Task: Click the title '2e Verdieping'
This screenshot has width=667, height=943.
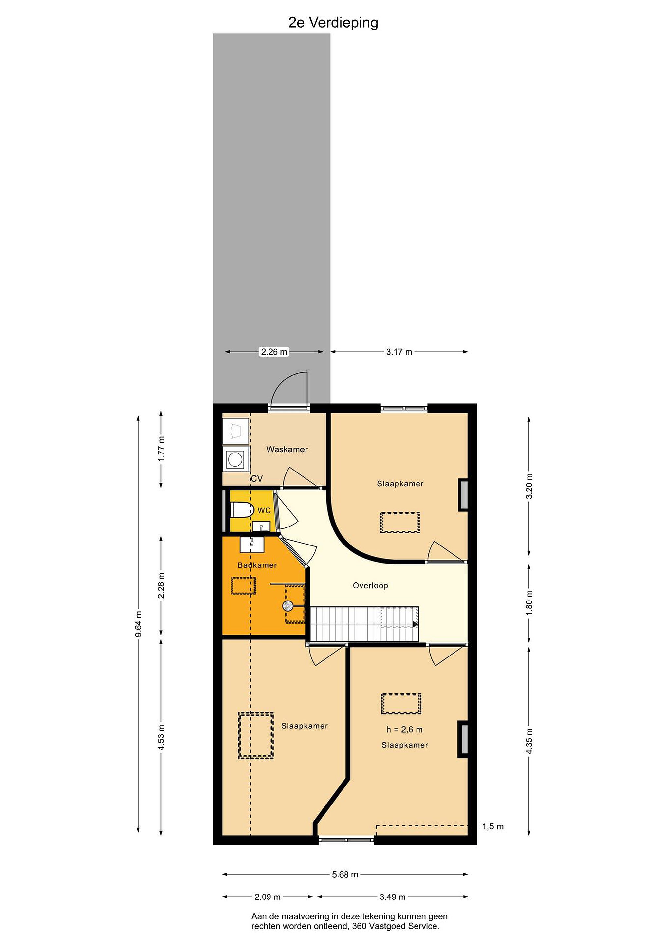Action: (x=333, y=23)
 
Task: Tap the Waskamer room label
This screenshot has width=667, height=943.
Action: (x=287, y=449)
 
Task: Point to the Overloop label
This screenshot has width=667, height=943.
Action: (x=370, y=586)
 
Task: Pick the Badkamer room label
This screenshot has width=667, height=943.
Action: (x=257, y=565)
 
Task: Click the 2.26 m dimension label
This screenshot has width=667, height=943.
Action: (x=274, y=352)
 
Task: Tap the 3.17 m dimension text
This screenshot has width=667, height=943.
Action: (x=399, y=352)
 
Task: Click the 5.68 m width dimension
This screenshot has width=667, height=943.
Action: (x=345, y=875)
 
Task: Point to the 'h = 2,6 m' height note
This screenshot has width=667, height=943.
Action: (x=404, y=730)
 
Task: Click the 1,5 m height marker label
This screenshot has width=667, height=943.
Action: (x=493, y=827)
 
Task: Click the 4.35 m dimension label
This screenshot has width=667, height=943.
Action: (x=530, y=741)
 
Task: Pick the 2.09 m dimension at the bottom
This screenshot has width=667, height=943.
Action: (x=268, y=897)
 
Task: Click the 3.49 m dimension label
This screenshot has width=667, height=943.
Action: (x=392, y=897)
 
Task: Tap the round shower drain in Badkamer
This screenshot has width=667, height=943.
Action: (x=287, y=605)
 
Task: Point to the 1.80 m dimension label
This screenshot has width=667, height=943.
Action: (x=530, y=602)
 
